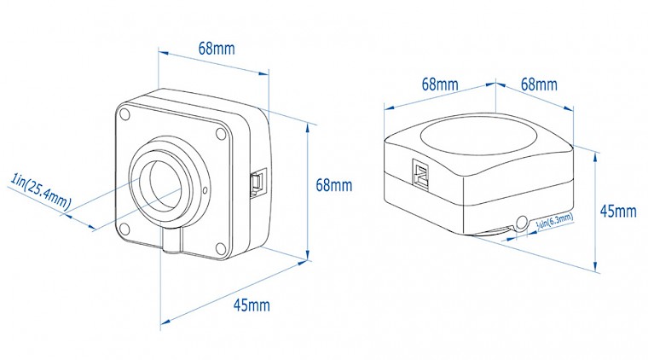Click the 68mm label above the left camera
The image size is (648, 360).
[217, 49]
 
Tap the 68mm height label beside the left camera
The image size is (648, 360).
[334, 185]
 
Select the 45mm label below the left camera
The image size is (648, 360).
[252, 305]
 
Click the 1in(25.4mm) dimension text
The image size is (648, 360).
[41, 191]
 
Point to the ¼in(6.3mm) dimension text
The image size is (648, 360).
[554, 220]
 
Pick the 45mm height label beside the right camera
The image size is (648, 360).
[618, 212]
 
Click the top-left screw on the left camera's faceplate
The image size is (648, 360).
[124, 113]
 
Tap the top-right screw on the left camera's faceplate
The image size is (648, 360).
[221, 133]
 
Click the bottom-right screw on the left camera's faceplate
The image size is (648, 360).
[221, 248]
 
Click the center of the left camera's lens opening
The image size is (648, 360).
[165, 183]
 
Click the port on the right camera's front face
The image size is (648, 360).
[420, 173]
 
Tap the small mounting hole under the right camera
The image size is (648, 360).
[522, 223]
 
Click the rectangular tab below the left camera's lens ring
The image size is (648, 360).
[171, 240]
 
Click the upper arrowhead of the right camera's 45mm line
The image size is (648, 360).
[595, 159]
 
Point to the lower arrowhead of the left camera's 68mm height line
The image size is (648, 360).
[308, 254]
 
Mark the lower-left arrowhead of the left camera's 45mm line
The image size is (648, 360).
[165, 322]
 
